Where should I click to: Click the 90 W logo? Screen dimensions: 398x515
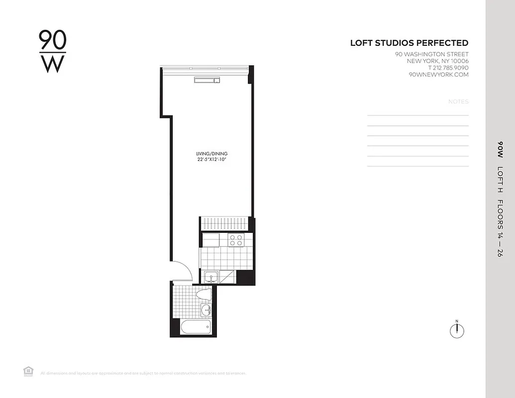click(x=52, y=52)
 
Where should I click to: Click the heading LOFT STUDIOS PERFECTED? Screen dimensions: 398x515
click(x=409, y=43)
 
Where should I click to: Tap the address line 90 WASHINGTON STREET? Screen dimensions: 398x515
click(x=431, y=54)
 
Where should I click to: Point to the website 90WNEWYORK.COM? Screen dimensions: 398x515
click(x=438, y=75)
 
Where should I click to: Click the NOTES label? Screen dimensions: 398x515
click(x=458, y=101)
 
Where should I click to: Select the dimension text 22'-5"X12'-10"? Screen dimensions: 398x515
click(x=214, y=159)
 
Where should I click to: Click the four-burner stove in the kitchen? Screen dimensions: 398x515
click(x=236, y=240)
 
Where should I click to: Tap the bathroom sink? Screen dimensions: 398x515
click(x=206, y=311)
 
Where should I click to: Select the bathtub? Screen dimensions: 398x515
click(x=195, y=327)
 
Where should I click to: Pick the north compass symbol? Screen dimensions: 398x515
click(x=457, y=330)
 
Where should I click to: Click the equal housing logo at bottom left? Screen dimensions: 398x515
click(x=28, y=371)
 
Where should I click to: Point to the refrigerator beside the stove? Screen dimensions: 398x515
click(x=210, y=240)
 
